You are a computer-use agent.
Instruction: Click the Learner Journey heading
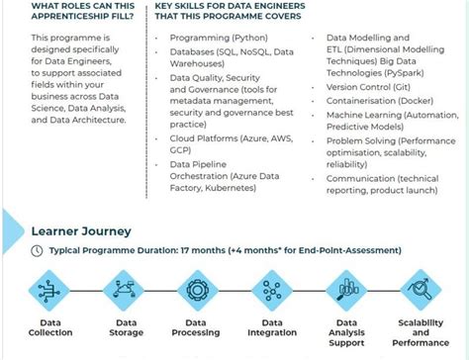[80, 231]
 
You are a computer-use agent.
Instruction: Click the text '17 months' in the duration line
[203, 251]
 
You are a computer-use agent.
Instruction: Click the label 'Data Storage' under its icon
[125, 327]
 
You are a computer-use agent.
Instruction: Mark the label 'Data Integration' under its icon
[272, 327]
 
